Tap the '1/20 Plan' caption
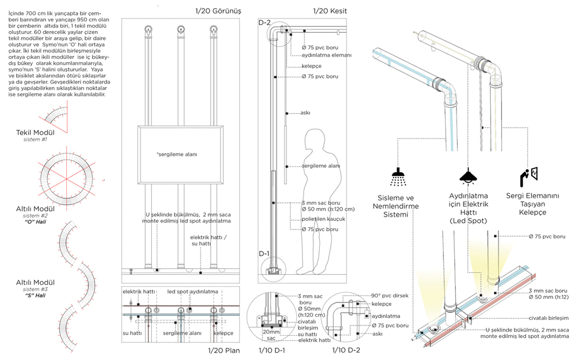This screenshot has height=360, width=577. coord(223,350)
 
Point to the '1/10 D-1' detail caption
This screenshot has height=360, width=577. coord(272,350)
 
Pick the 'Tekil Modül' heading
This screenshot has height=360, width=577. coord(36,132)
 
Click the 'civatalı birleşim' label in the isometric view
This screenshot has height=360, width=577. coord(548,318)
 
